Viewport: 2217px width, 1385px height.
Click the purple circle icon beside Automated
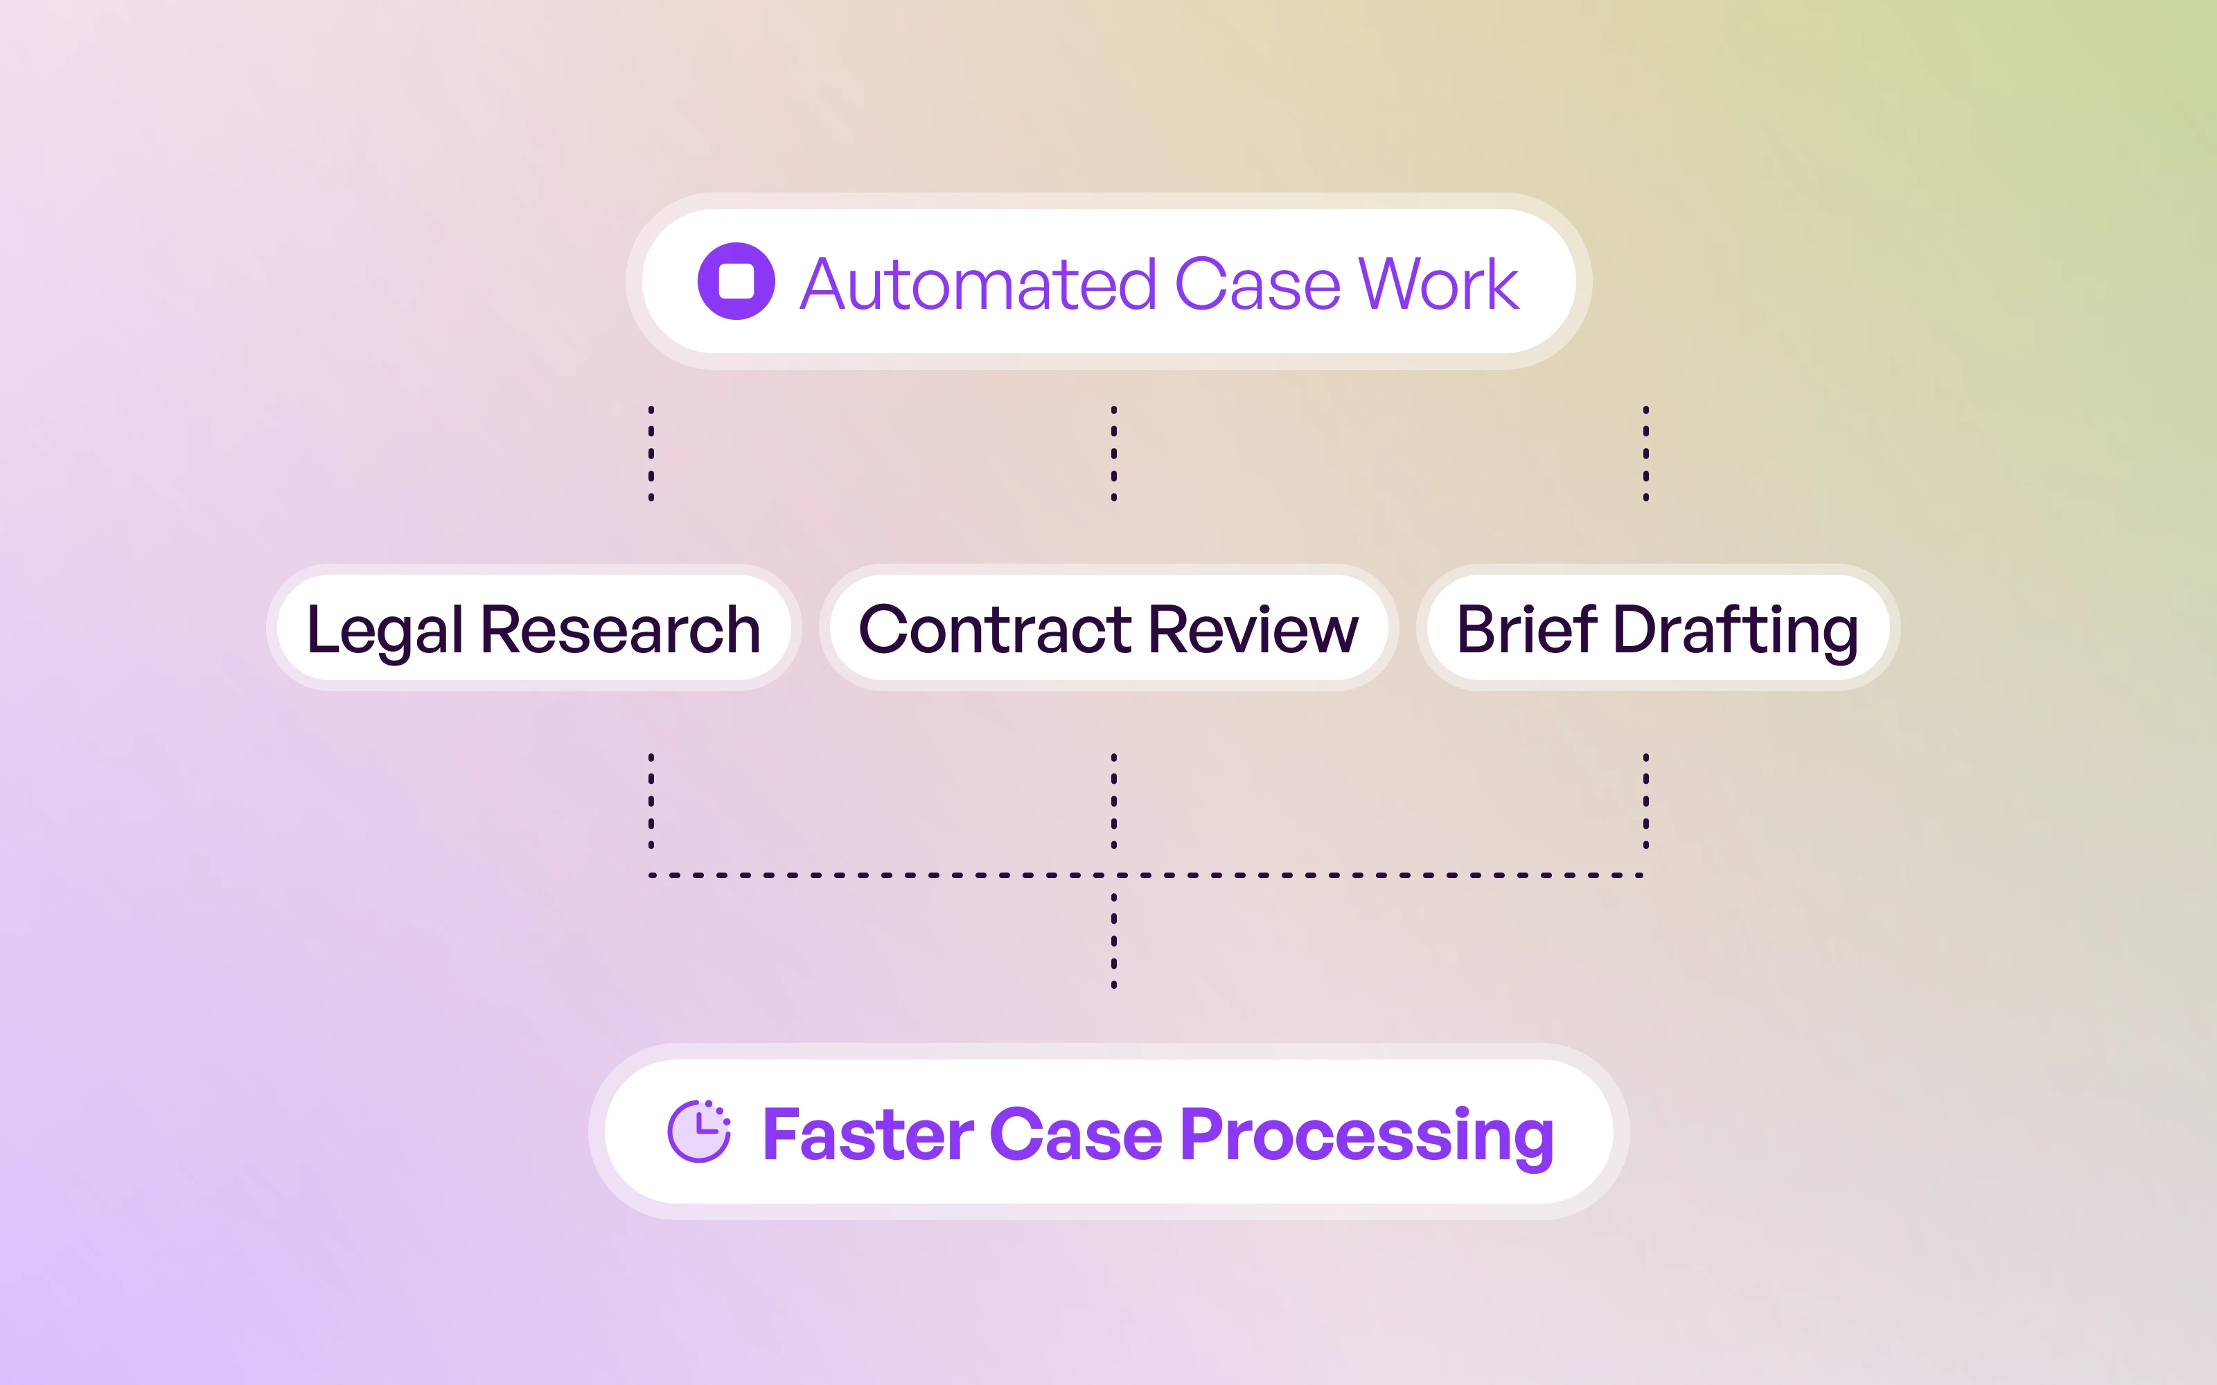click(x=736, y=281)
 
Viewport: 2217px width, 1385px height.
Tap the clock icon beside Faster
click(x=699, y=1132)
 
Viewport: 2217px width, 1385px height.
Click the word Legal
click(x=385, y=630)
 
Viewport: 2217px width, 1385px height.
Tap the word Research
click(x=620, y=630)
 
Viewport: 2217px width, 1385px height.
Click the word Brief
click(x=1526, y=630)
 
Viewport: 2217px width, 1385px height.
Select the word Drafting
click(x=1735, y=630)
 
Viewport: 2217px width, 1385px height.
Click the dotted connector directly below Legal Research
click(x=651, y=801)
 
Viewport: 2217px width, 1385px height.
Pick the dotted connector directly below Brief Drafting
click(x=1646, y=801)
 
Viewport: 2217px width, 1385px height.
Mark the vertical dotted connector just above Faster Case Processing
click(x=1114, y=940)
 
